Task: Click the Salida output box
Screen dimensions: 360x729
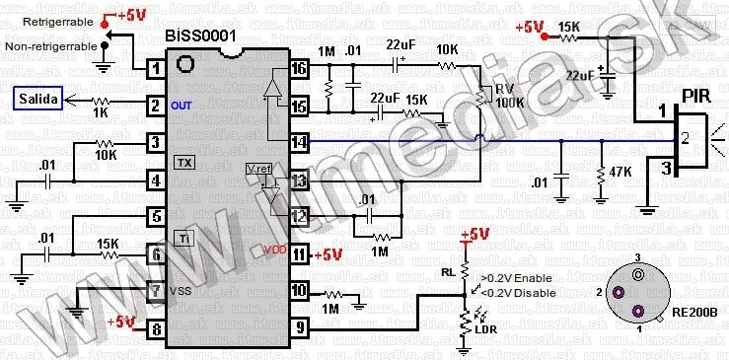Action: pyautogui.click(x=37, y=99)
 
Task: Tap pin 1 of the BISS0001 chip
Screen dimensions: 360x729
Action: pyautogui.click(x=154, y=69)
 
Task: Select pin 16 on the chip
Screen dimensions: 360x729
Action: pyautogui.click(x=301, y=69)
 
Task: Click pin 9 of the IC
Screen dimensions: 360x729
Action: pyautogui.click(x=301, y=329)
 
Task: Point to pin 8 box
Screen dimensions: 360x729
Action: pyautogui.click(x=154, y=329)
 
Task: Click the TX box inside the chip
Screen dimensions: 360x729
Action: pyautogui.click(x=184, y=161)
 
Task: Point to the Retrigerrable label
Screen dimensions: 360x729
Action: pyautogui.click(x=50, y=19)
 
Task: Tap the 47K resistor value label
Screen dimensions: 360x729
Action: pyautogui.click(x=620, y=172)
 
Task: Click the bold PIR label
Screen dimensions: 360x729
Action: pyautogui.click(x=696, y=98)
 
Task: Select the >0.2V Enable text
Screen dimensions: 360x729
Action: pyautogui.click(x=515, y=279)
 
